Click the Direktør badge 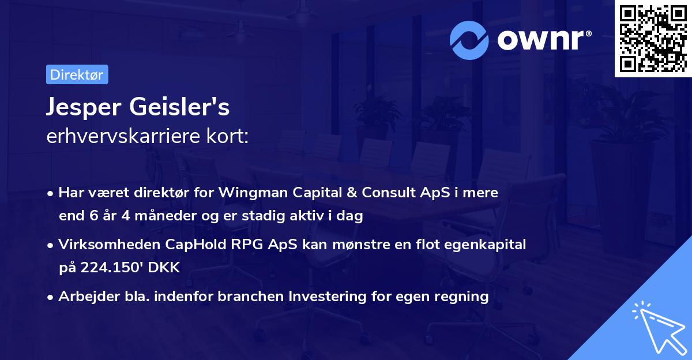coord(77,74)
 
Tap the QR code coord(653,39)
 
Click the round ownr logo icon coord(469,40)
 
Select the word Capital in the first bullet coord(327,193)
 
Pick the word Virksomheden coord(104,245)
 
